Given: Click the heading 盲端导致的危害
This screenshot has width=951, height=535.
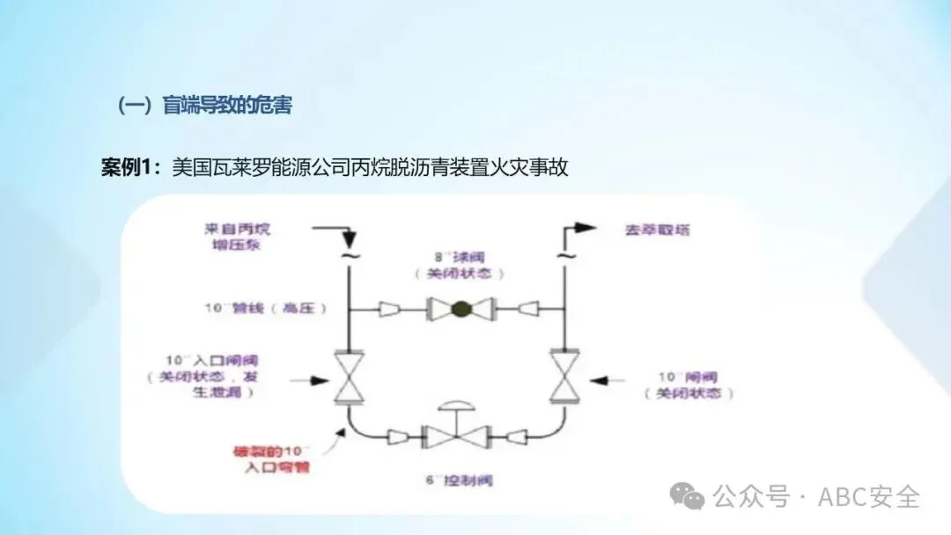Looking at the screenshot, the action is (226, 106).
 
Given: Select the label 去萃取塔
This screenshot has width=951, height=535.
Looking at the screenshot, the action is (656, 231).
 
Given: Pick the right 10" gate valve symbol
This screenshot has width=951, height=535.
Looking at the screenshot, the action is (562, 377).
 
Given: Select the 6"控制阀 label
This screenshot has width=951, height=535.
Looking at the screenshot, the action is (458, 481).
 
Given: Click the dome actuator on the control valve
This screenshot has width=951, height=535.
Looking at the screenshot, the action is (456, 407).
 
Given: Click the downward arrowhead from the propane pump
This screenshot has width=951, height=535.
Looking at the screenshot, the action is (350, 239).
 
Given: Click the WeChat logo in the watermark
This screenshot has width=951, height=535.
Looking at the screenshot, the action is (686, 495).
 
